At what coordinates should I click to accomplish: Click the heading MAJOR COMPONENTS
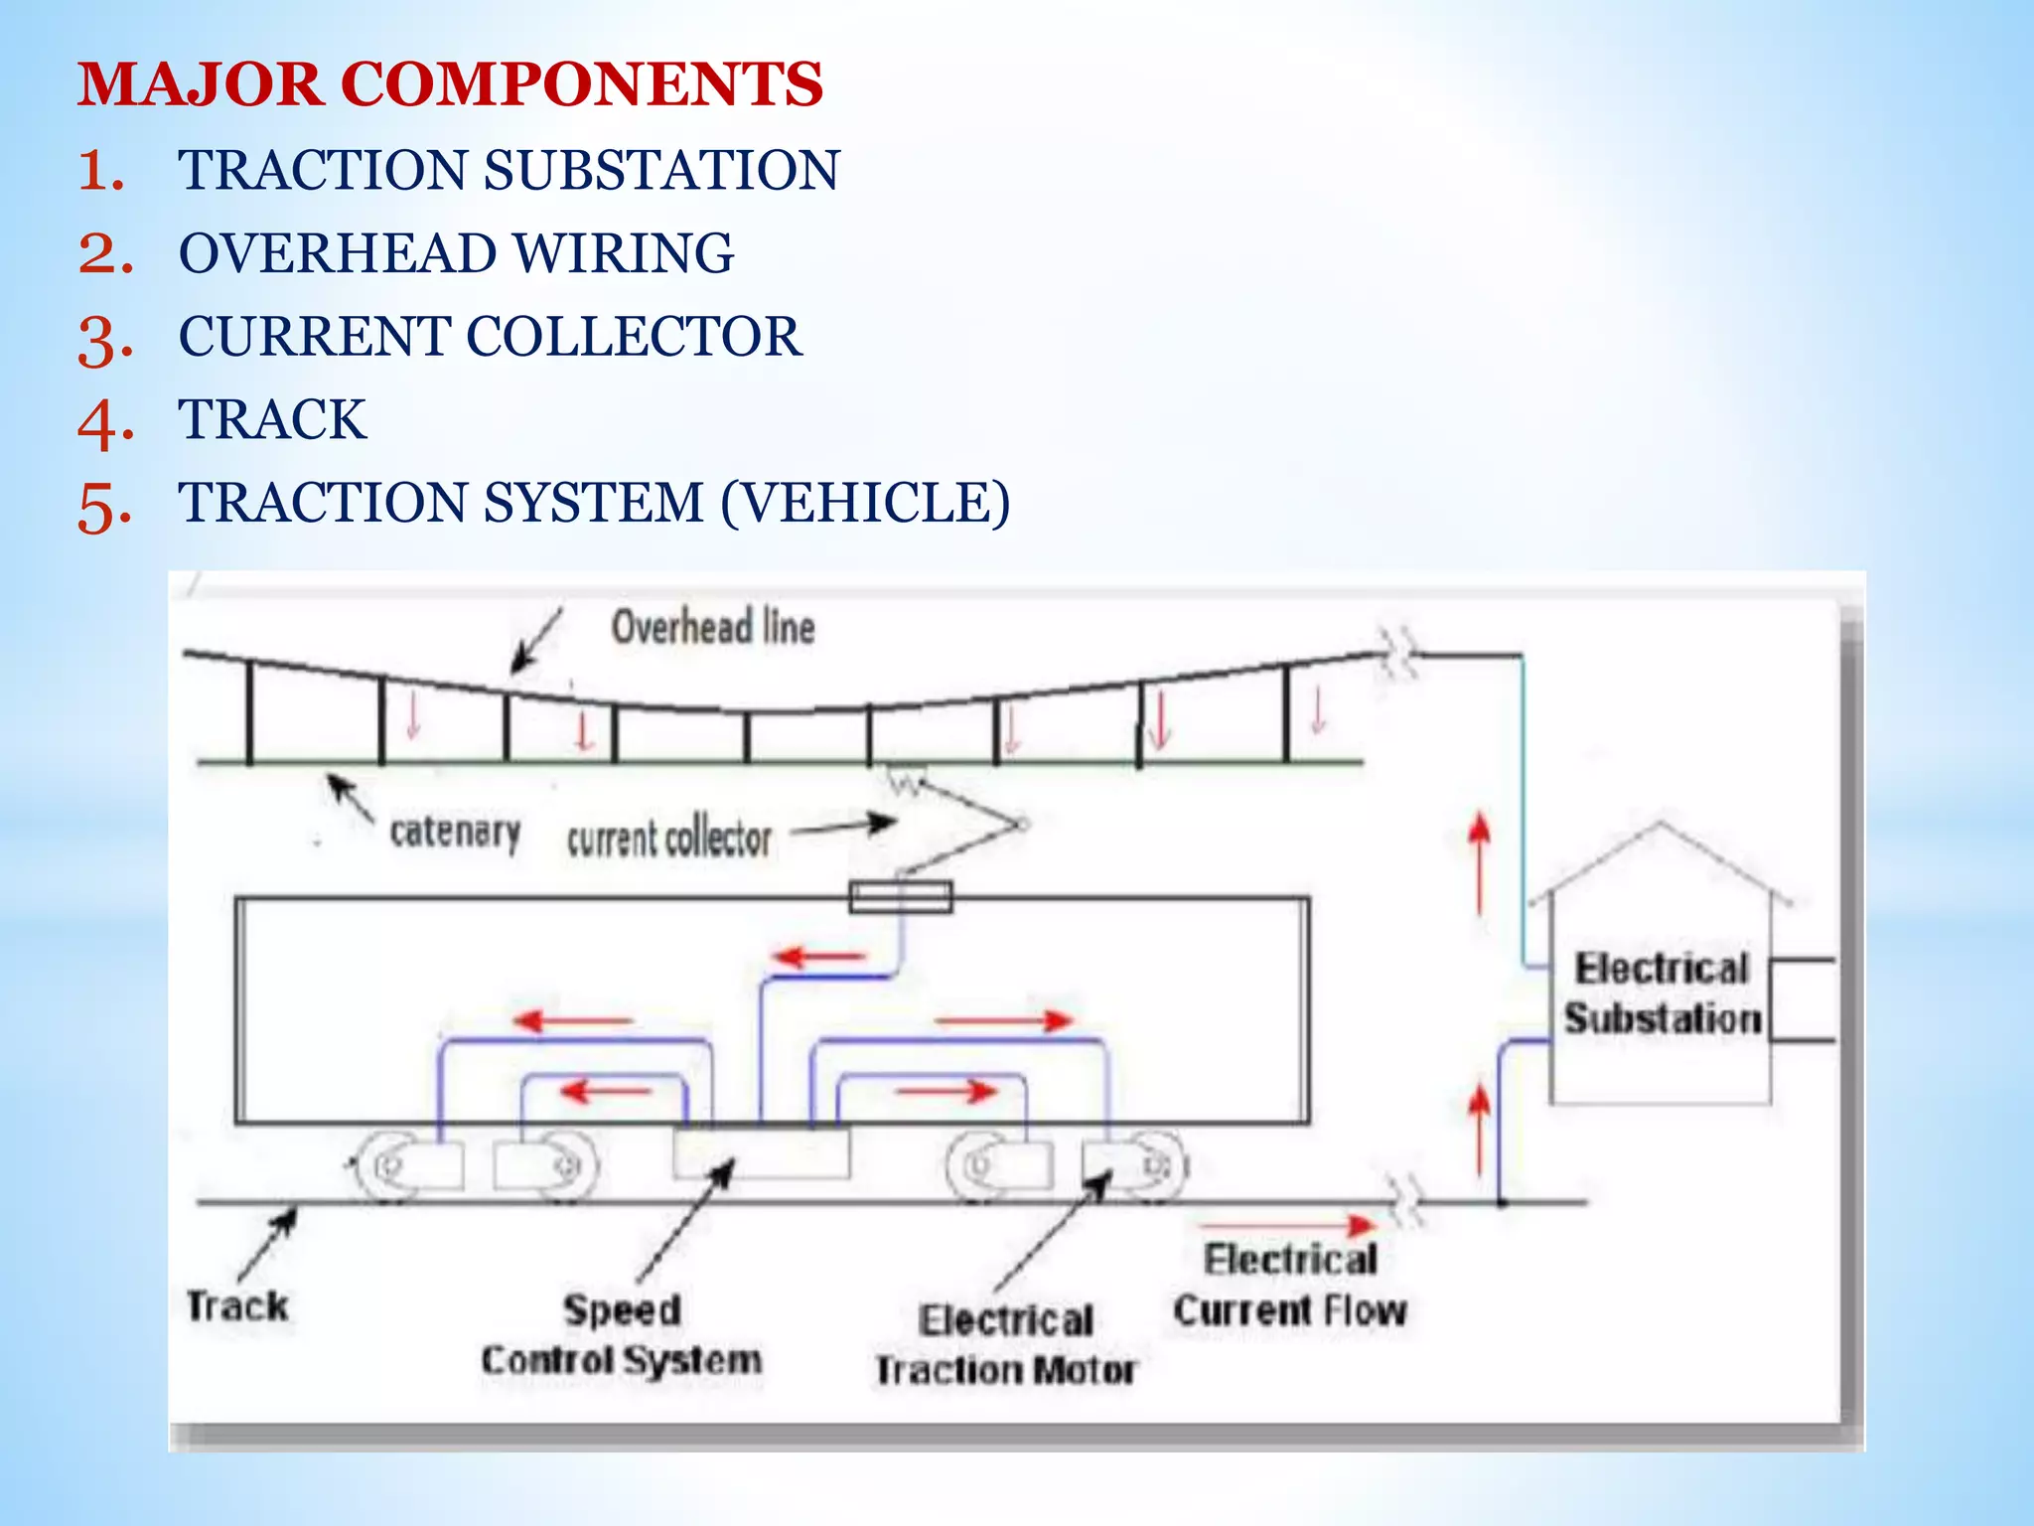pyautogui.click(x=450, y=83)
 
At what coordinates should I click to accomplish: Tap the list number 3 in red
pyautogui.click(x=104, y=339)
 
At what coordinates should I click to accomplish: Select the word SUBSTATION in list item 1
pyautogui.click(x=661, y=170)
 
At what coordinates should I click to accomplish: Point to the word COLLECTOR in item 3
pyautogui.click(x=634, y=337)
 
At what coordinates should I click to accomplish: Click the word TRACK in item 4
pyautogui.click(x=272, y=419)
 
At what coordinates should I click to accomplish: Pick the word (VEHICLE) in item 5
pyautogui.click(x=865, y=503)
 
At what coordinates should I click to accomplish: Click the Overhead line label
pyautogui.click(x=713, y=628)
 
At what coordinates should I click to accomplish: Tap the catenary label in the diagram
pyautogui.click(x=455, y=833)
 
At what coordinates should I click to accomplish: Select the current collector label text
pyautogui.click(x=668, y=839)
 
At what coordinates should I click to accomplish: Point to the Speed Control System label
pyautogui.click(x=622, y=1334)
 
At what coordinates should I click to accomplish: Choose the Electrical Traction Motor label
pyautogui.click(x=1005, y=1345)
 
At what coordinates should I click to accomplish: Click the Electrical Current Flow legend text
pyautogui.click(x=1289, y=1286)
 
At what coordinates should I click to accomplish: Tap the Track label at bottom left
pyautogui.click(x=237, y=1306)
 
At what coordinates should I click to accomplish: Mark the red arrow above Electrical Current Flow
pyautogui.click(x=1287, y=1226)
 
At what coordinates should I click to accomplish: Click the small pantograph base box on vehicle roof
pyautogui.click(x=901, y=896)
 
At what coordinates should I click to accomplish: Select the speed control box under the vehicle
pyautogui.click(x=762, y=1152)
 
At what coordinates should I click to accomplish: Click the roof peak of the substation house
pyautogui.click(x=1661, y=825)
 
